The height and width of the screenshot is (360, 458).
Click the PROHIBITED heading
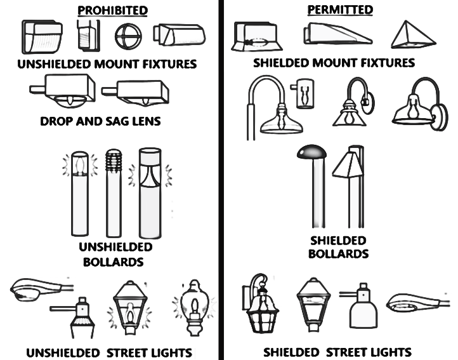click(113, 10)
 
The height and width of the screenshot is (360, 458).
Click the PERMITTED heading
click(340, 10)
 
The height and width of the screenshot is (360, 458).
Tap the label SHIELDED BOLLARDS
click(338, 247)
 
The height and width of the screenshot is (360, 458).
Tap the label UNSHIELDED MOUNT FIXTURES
click(107, 64)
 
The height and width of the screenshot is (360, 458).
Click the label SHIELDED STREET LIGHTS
click(337, 352)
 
